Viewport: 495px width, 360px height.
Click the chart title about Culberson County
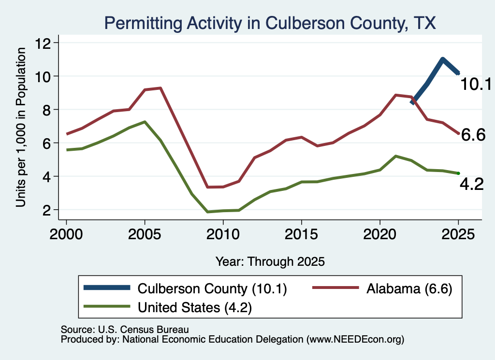click(270, 23)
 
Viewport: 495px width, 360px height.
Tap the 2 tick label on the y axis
click(46, 210)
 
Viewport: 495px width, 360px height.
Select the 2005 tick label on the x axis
click(145, 234)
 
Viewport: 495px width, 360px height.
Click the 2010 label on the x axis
click(223, 234)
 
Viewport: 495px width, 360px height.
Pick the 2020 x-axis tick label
click(380, 234)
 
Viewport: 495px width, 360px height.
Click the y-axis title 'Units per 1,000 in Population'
click(21, 127)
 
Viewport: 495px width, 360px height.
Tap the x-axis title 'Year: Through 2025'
click(270, 261)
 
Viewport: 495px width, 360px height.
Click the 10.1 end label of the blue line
click(476, 84)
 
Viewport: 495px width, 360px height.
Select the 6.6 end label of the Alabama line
click(473, 135)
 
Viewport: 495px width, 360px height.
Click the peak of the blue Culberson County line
click(443, 59)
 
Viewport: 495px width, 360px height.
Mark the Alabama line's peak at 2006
click(160, 88)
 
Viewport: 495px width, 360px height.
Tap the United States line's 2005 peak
click(145, 122)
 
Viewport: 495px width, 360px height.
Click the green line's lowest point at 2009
click(207, 212)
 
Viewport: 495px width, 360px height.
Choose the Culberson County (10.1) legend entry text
click(212, 288)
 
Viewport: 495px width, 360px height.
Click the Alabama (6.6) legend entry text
click(409, 288)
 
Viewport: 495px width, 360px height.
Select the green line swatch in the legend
click(107, 306)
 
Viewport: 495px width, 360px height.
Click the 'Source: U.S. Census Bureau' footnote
click(125, 330)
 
